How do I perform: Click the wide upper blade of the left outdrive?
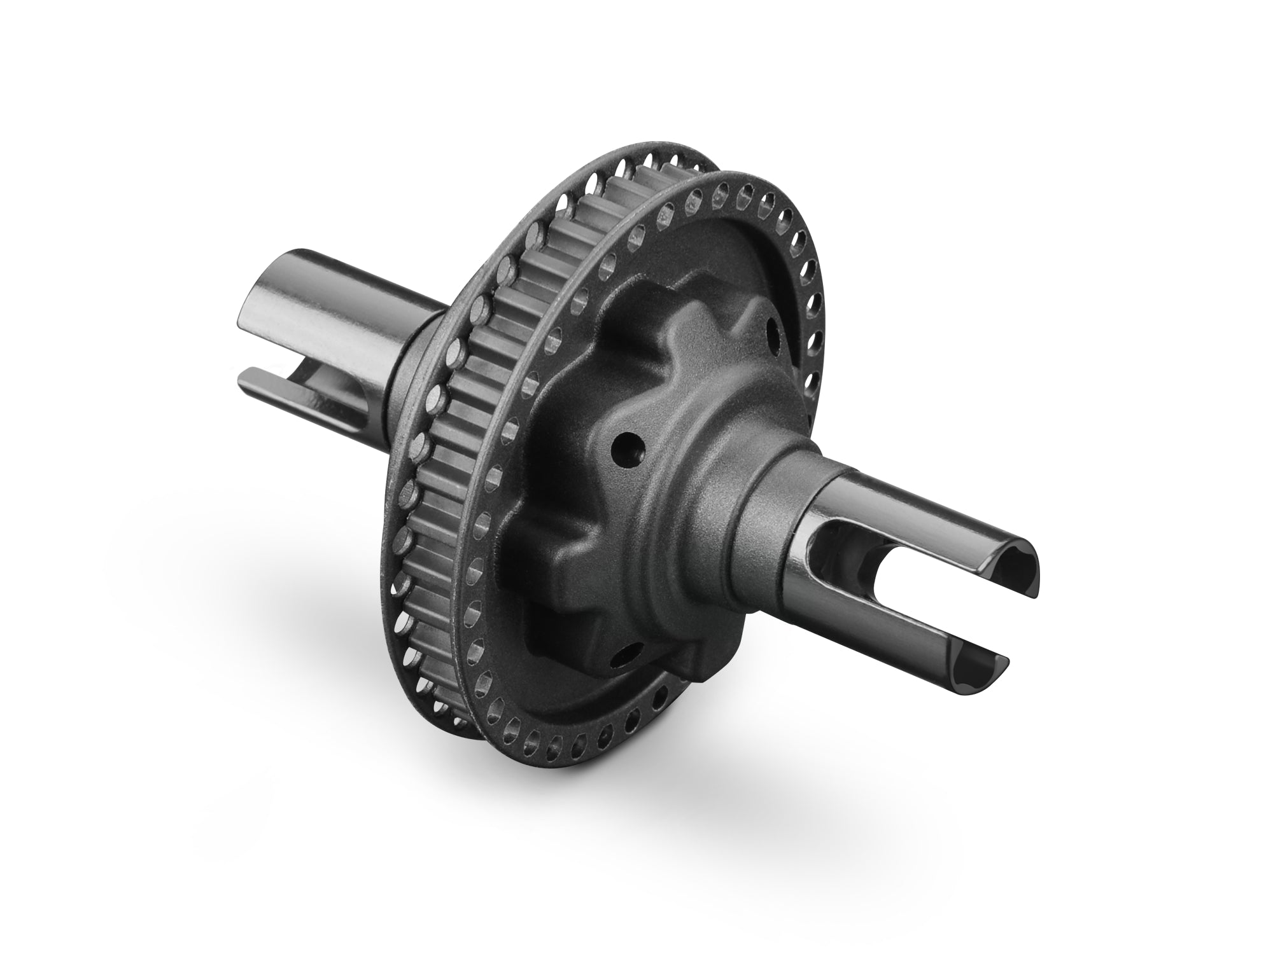pos(331,299)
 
